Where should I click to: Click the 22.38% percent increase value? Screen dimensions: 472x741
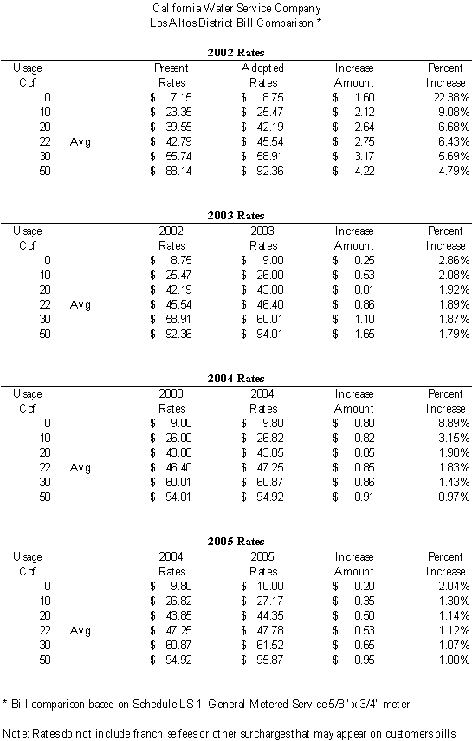(x=451, y=97)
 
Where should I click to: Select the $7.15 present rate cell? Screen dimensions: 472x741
(x=171, y=97)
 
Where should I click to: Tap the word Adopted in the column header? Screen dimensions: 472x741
(x=262, y=68)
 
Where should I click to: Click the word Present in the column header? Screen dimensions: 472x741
(x=171, y=68)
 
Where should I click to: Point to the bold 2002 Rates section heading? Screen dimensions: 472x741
(x=236, y=53)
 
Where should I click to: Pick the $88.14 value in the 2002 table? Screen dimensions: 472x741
(x=171, y=171)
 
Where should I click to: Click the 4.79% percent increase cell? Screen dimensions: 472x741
(x=454, y=171)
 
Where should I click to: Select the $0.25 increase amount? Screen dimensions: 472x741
(x=353, y=260)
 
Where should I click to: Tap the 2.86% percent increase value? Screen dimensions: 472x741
(x=454, y=260)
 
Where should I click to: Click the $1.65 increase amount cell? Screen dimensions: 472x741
(x=353, y=334)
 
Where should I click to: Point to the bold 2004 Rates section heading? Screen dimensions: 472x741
(x=236, y=378)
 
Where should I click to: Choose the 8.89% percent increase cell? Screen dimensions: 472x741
(x=454, y=423)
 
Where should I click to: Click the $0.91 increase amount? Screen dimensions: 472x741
(x=353, y=497)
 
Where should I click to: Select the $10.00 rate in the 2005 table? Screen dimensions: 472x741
(x=262, y=586)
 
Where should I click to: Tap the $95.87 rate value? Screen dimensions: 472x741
(x=262, y=660)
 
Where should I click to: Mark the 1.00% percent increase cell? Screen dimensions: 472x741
(x=454, y=660)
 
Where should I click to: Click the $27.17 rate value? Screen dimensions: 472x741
(x=262, y=601)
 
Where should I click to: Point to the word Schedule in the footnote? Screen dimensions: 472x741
(x=154, y=704)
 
